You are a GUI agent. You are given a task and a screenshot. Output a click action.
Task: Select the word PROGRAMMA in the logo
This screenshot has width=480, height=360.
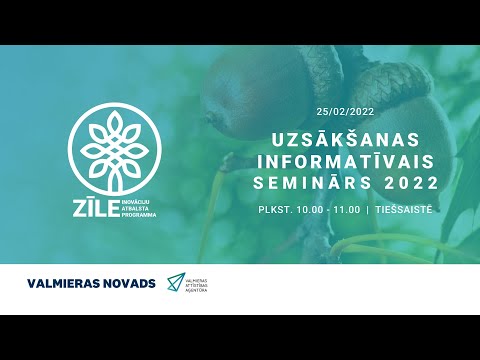pos(137,213)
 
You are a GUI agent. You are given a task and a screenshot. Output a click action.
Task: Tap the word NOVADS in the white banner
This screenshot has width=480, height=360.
pos(131,283)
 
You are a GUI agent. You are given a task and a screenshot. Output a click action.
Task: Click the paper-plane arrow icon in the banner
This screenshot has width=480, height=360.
pos(176,283)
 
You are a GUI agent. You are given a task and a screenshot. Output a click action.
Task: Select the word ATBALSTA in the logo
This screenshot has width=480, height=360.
pos(135,207)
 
